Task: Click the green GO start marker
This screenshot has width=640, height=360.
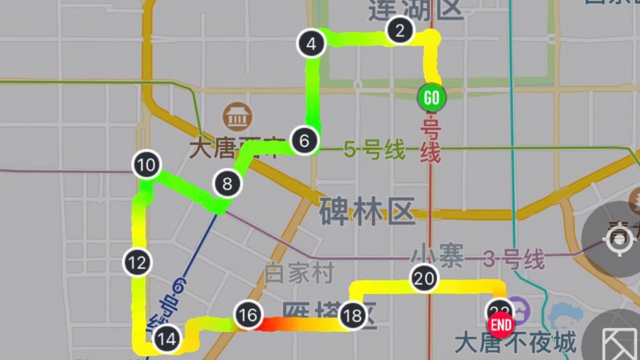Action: click(431, 97)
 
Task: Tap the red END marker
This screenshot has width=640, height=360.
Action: click(501, 325)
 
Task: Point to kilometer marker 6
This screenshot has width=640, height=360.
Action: click(304, 141)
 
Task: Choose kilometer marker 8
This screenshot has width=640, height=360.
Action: click(227, 184)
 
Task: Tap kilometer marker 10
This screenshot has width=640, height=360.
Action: click(146, 166)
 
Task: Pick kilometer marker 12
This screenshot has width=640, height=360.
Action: click(138, 262)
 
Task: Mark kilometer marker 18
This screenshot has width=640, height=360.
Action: click(352, 317)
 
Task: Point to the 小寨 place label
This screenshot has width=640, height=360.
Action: click(437, 256)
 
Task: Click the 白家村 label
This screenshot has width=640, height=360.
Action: click(299, 273)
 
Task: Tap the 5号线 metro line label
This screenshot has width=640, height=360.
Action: click(374, 151)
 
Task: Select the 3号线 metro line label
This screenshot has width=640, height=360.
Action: click(513, 259)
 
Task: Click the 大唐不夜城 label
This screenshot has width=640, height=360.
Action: click(515, 344)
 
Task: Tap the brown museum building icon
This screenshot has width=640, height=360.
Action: click(236, 116)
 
